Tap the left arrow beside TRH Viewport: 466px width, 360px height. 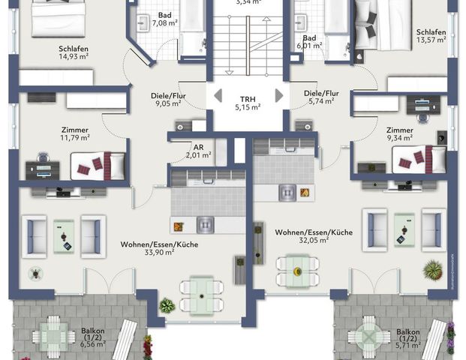pyautogui.click(x=217, y=95)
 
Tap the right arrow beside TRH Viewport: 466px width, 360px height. pyautogui.click(x=279, y=95)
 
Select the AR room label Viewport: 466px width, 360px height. pyautogui.click(x=198, y=151)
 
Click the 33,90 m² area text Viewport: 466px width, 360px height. pyautogui.click(x=159, y=253)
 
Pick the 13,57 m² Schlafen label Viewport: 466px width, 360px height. pyautogui.click(x=431, y=37)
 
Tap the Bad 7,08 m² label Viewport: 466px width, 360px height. pyautogui.click(x=164, y=19)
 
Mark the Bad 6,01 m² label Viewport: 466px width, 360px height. pyautogui.click(x=308, y=41)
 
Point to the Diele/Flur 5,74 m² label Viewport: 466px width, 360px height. pyautogui.click(x=321, y=98)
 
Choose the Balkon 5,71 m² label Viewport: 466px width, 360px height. pyautogui.click(x=408, y=340)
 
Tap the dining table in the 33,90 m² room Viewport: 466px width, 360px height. pyautogui.click(x=200, y=289)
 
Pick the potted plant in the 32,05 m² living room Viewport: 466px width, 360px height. pyautogui.click(x=432, y=268)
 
